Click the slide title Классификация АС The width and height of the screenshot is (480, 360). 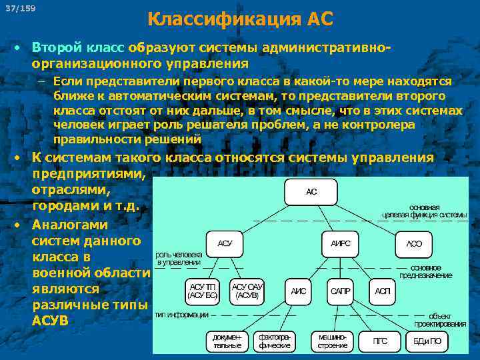pos(240,19)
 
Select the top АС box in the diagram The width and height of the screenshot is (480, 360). pos(311,192)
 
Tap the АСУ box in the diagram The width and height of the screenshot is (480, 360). pos(225,244)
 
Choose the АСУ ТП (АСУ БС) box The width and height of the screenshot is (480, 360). pos(202,290)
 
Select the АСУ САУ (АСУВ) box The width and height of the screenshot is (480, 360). pos(247,290)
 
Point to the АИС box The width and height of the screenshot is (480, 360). pos(298,291)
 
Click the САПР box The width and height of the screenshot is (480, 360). pos(341,291)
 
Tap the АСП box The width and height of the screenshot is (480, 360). pos(383,291)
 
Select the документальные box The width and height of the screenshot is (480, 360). pos(227,341)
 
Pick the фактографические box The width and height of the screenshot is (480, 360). pos(275,341)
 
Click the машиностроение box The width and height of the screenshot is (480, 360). pos(332,341)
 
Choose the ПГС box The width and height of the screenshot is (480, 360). pos(380,341)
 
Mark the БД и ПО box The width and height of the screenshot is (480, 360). pos(427,341)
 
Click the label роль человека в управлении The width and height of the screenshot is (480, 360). pos(177,258)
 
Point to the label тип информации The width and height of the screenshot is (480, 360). pos(181,315)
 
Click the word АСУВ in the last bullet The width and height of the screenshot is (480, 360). pos(50,321)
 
